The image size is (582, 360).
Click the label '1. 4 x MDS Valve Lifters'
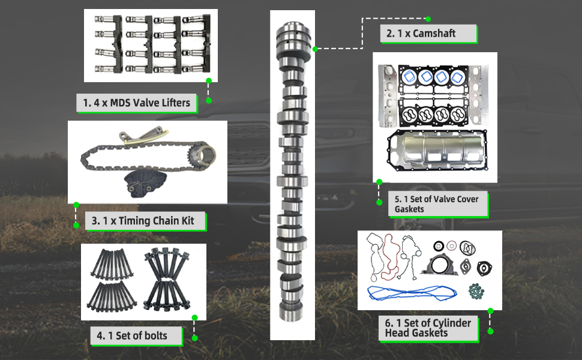point(137,103)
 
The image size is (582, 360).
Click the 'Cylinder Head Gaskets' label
point(428,328)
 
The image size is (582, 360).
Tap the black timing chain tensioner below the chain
point(145,184)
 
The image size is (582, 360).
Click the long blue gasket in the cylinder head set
point(412,293)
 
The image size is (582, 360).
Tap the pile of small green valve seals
point(476,292)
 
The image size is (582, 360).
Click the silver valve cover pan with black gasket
point(437,151)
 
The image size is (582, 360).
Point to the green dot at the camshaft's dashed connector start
point(315,49)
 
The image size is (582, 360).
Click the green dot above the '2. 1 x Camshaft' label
point(428,19)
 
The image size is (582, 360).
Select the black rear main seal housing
point(440,265)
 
